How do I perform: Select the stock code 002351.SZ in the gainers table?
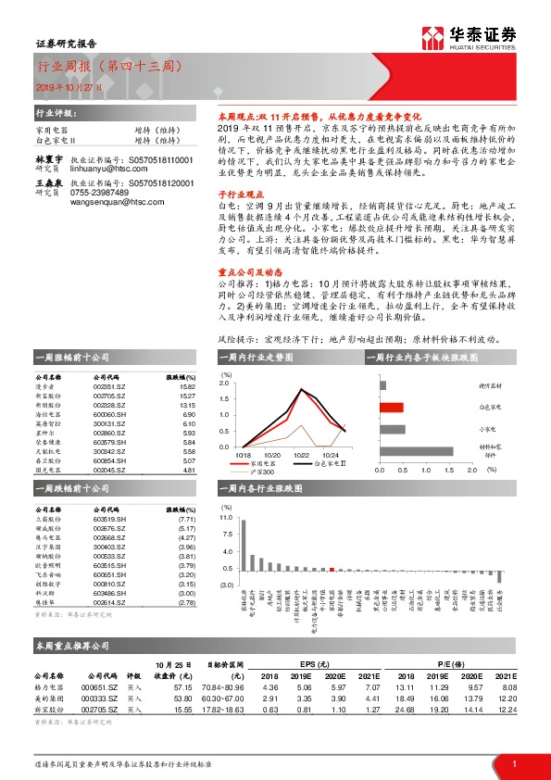point(109,388)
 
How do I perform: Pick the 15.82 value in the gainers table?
point(187,388)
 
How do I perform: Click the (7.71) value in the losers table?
point(186,522)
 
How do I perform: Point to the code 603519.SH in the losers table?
point(110,522)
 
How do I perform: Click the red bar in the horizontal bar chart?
point(390,407)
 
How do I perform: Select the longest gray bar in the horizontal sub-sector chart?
point(416,451)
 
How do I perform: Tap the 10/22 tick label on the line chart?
point(301,456)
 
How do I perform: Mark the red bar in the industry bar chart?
point(332,568)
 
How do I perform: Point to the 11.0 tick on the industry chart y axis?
point(226,518)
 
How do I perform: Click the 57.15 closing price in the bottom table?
point(182,687)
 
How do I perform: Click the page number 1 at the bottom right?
point(513,762)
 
